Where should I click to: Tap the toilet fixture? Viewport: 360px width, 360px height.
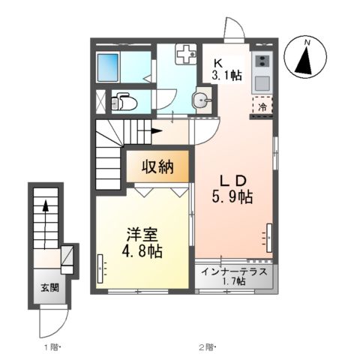pos(121,100)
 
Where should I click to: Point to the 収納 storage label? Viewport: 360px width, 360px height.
pos(160,167)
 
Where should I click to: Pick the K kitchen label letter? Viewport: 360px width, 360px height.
pos(218,62)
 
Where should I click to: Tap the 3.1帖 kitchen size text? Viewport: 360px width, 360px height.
pos(226,75)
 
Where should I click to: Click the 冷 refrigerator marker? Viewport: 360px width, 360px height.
pos(262,106)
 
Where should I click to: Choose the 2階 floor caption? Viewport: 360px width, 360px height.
pos(206,347)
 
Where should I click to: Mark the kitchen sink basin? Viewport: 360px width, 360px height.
pos(262,82)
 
